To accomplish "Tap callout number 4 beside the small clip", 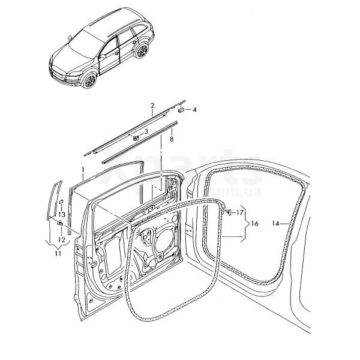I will coord(194,110).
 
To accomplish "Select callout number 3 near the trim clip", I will coord(146,131).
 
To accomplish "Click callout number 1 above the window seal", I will coord(83,170).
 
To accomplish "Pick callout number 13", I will coord(62,214).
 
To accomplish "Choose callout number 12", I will coord(62,239).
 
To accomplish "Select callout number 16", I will coord(254,223).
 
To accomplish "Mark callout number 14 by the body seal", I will coord(275,223).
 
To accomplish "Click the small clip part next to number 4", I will coord(181,109).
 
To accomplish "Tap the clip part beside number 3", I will coord(136,137).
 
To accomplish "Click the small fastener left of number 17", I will coord(229,211).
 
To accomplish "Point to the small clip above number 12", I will coord(61,223).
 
